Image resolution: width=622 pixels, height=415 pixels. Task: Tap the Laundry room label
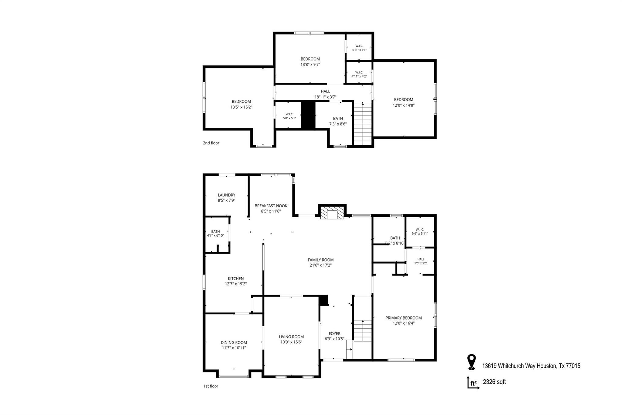227,195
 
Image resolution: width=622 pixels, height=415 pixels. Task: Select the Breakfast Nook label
271,206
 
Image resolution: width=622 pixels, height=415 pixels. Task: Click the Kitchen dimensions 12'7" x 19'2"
236,284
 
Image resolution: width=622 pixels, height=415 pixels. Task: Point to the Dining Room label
234,343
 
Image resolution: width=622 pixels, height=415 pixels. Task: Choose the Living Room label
291,337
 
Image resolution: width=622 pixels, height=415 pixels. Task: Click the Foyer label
335,334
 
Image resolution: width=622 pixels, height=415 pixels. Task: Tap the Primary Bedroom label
404,318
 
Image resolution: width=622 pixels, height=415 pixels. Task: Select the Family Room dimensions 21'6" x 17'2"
321,265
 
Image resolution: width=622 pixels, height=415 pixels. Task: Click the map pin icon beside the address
471,362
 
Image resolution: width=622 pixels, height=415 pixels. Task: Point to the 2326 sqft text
494,382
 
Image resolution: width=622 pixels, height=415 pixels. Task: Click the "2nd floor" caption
211,143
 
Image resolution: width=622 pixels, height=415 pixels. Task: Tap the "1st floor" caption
211,386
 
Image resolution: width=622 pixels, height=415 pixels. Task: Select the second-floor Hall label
325,91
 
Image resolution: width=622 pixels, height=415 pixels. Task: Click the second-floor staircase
363,124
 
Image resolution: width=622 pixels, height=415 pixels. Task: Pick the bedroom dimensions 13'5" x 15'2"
241,107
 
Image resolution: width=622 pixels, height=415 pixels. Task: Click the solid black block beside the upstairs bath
308,114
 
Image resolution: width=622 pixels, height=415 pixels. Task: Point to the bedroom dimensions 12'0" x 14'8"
404,105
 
